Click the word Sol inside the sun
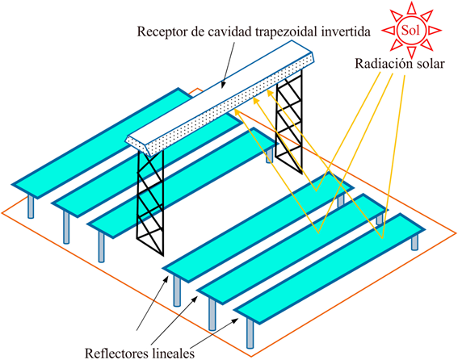click(x=410, y=29)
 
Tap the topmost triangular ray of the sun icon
click(x=410, y=7)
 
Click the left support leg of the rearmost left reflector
click(x=31, y=207)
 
